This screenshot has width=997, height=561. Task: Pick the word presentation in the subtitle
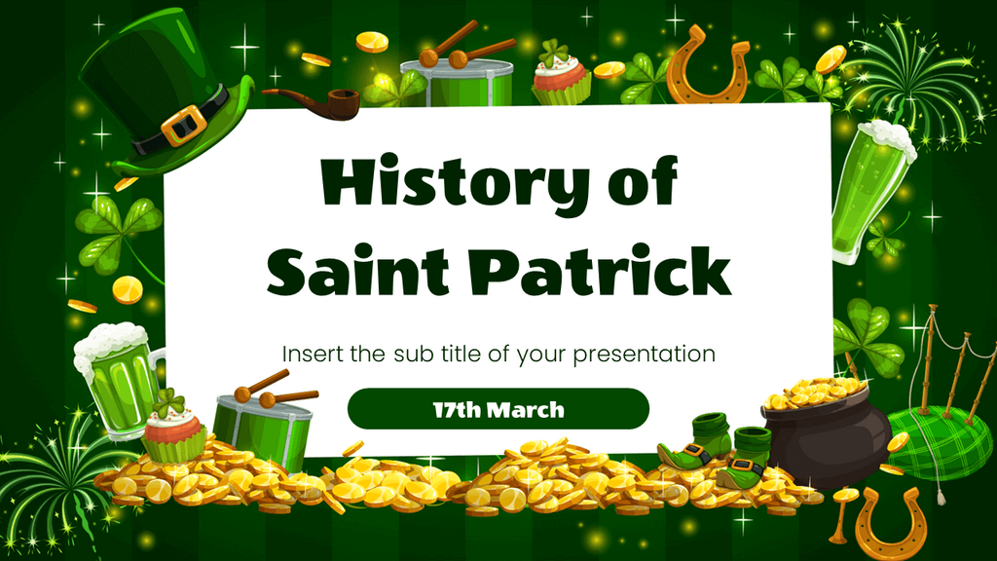click(645, 355)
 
